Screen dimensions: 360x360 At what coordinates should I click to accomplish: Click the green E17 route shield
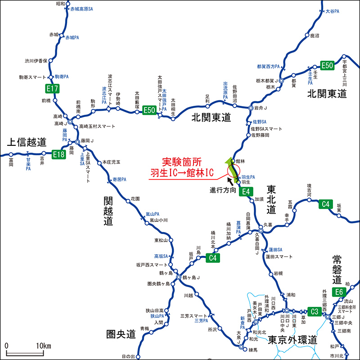point(52,88)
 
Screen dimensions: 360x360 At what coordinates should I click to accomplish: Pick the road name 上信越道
point(27,143)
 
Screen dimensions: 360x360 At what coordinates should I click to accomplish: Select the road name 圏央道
point(121,334)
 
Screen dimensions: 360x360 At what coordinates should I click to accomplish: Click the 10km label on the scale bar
point(44,346)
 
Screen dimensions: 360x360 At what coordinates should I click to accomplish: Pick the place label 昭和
point(61,4)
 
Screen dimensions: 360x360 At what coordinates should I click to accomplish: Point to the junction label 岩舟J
point(261,108)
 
